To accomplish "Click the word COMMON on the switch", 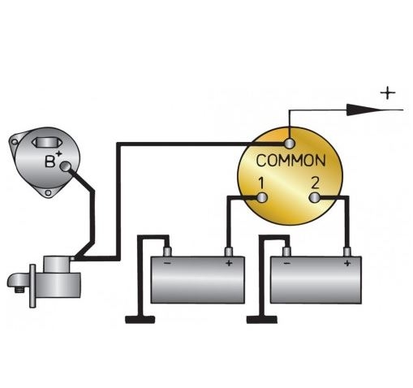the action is (x=290, y=160).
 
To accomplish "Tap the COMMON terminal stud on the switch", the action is (x=290, y=144).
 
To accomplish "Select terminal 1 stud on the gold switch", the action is (x=262, y=198).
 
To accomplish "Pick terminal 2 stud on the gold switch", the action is (x=314, y=197).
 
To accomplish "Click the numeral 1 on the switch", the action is (x=261, y=183).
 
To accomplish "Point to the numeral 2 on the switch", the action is (x=315, y=183).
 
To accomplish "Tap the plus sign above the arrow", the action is (x=388, y=93).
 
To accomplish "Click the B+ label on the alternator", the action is (x=53, y=159).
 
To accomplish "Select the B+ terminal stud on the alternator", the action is (x=66, y=166).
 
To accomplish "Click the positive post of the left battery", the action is (x=229, y=252).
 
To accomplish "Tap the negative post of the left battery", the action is (x=167, y=252).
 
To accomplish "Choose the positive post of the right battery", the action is (x=347, y=252).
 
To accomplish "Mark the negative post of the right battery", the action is (x=286, y=252).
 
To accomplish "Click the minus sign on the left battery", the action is (x=167, y=263).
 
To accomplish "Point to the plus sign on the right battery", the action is (x=347, y=263).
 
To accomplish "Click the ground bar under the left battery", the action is (x=140, y=320).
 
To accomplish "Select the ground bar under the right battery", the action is (x=262, y=320).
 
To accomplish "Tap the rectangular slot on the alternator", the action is (x=47, y=143).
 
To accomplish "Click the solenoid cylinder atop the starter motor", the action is (x=58, y=265).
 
